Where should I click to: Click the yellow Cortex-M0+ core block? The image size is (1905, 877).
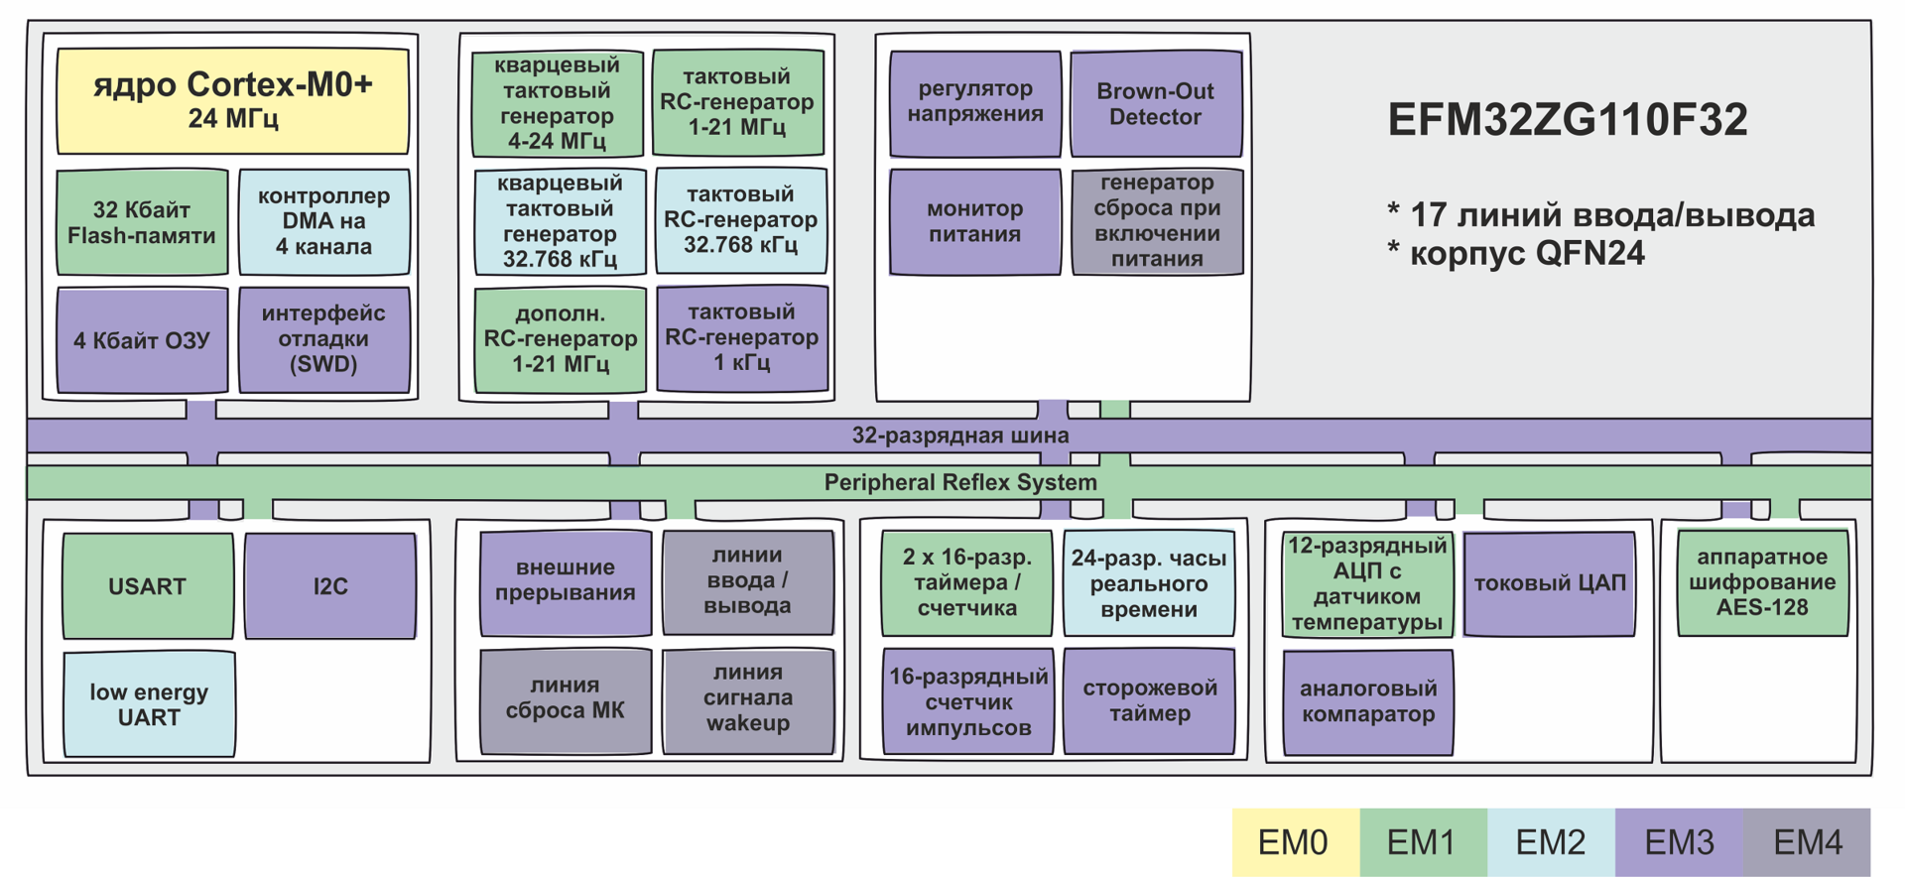232,100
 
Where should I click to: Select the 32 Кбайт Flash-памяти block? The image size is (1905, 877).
142,222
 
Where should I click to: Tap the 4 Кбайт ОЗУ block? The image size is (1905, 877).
142,340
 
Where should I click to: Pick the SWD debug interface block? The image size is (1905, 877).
323,339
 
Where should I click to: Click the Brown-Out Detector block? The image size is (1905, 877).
1156,104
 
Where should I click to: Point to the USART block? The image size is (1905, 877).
147,586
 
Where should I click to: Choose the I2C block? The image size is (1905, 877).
330,586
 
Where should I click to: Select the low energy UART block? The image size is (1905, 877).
149,704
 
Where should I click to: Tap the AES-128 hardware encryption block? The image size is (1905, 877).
1762,583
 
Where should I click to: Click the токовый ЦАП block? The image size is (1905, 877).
1549,583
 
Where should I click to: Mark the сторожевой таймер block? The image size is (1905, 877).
1149,701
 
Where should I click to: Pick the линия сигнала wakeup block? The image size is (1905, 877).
748,698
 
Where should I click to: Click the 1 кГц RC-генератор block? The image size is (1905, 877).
742,338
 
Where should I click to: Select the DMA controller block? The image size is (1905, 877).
323,222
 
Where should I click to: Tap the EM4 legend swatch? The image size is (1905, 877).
1807,842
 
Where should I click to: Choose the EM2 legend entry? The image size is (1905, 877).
1551,842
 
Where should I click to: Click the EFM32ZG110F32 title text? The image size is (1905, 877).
1568,120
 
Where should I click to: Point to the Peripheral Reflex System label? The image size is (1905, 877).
960,483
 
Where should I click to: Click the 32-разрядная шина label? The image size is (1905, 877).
960,436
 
